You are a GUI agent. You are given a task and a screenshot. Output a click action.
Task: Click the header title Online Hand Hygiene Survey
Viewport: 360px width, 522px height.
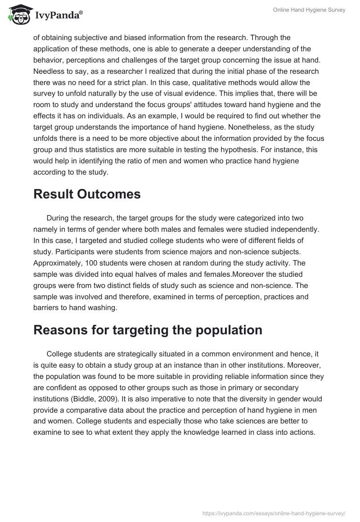(x=309, y=10)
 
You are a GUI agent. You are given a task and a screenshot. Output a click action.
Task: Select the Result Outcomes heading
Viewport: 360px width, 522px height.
(x=87, y=194)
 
